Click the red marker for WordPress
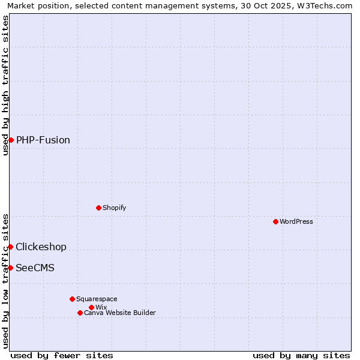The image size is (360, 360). [x=275, y=221]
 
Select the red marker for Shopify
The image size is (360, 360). [x=98, y=208]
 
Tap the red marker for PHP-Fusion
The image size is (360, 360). [x=11, y=140]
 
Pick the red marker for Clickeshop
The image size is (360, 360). [x=10, y=247]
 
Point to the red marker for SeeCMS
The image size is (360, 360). [x=10, y=268]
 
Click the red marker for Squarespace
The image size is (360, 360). [x=72, y=299]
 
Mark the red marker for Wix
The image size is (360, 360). [x=91, y=307]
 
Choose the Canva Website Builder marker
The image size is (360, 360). [x=80, y=313]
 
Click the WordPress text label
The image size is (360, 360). [x=296, y=221]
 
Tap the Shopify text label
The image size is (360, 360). [x=114, y=208]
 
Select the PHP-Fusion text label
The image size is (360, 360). [x=43, y=140]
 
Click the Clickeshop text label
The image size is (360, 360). [x=41, y=247]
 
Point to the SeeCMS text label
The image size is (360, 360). [x=35, y=268]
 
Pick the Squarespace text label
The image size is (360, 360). [x=97, y=299]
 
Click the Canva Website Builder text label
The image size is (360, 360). [x=120, y=313]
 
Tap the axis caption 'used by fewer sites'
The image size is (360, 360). [x=62, y=355]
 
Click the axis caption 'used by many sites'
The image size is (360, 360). [x=301, y=355]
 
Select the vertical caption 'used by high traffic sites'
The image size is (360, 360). [x=5, y=85]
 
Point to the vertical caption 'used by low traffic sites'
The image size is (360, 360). [x=5, y=280]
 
